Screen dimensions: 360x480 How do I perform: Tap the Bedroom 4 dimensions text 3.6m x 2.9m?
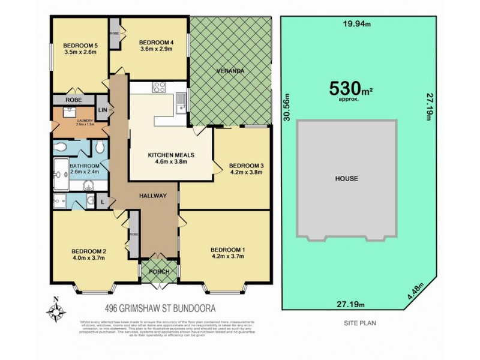pyautogui.click(x=156, y=50)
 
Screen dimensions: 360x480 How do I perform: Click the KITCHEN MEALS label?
pyautogui.click(x=172, y=155)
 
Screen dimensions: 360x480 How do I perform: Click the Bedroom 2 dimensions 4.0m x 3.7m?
pyautogui.click(x=89, y=259)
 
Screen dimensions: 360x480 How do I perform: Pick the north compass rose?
pyautogui.click(x=56, y=311)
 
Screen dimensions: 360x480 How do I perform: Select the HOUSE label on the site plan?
pyautogui.click(x=347, y=179)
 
